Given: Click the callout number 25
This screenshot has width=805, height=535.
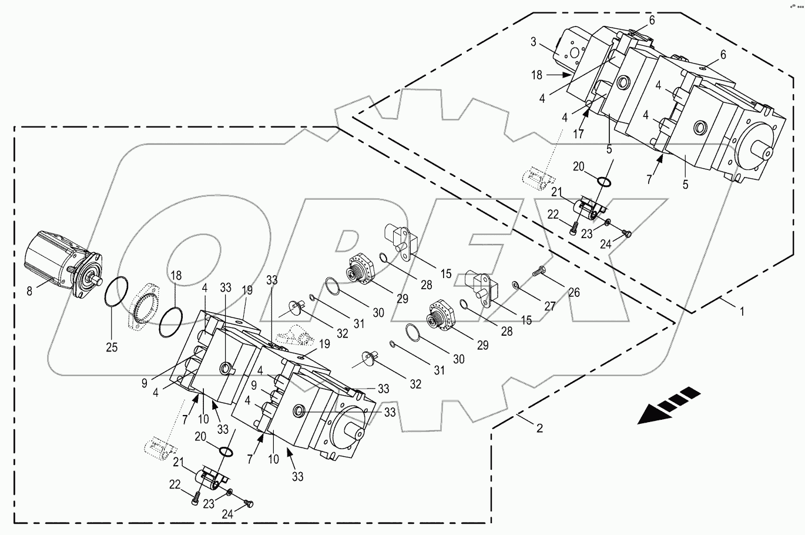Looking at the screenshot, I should pos(112,347).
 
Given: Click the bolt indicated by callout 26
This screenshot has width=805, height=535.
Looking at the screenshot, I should pos(540,272).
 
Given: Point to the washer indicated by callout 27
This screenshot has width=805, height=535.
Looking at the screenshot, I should pos(515,285).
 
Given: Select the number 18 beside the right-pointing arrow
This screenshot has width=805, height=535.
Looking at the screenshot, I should pos(536,75).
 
